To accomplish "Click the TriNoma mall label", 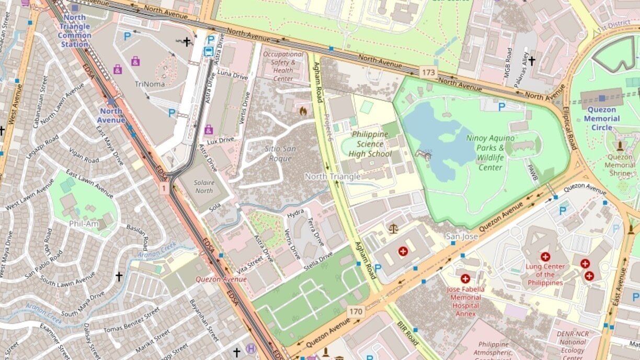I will coord(150,84).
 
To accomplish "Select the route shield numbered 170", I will coord(356,311).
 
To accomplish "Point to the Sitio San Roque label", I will coord(280,153).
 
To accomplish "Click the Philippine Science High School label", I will coord(371,144).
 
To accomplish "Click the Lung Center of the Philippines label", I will coord(545,274).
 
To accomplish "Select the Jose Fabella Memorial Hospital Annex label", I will coord(465,301).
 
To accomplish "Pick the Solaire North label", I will coord(204,187).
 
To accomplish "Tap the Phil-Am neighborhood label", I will coord(84,223).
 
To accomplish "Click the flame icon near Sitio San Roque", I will coord(302,111).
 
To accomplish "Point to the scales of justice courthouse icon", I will coord(393,228).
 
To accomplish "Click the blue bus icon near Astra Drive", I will coord(208,51).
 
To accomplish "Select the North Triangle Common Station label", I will coord(74,31).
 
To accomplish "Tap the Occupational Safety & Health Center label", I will coord(283,66).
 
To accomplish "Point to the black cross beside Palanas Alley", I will coord(532,61).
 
